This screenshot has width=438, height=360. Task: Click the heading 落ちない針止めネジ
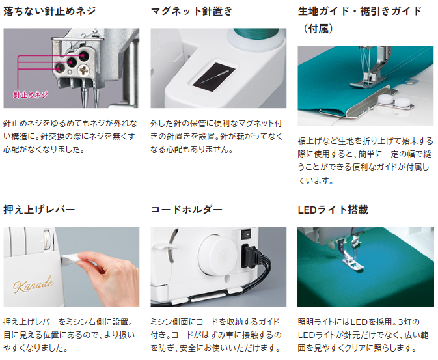click(x=49, y=11)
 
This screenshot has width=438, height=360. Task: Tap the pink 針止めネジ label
click(x=31, y=95)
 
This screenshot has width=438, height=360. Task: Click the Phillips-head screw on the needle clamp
click(x=84, y=70)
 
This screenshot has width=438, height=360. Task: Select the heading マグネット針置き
click(x=191, y=11)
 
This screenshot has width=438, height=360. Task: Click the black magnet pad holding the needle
click(x=214, y=77)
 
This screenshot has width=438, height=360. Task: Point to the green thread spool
click(x=256, y=35)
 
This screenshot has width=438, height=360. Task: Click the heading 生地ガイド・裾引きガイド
click(x=360, y=11)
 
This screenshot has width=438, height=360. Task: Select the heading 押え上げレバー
click(x=40, y=210)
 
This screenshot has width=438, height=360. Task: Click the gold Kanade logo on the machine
click(x=34, y=284)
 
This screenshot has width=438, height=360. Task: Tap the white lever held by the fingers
click(x=70, y=258)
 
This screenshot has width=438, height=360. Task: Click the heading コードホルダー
click(x=187, y=210)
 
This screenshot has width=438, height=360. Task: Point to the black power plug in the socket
click(x=250, y=256)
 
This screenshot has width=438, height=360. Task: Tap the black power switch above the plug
click(x=246, y=234)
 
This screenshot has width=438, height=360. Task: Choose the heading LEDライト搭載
click(x=333, y=210)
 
